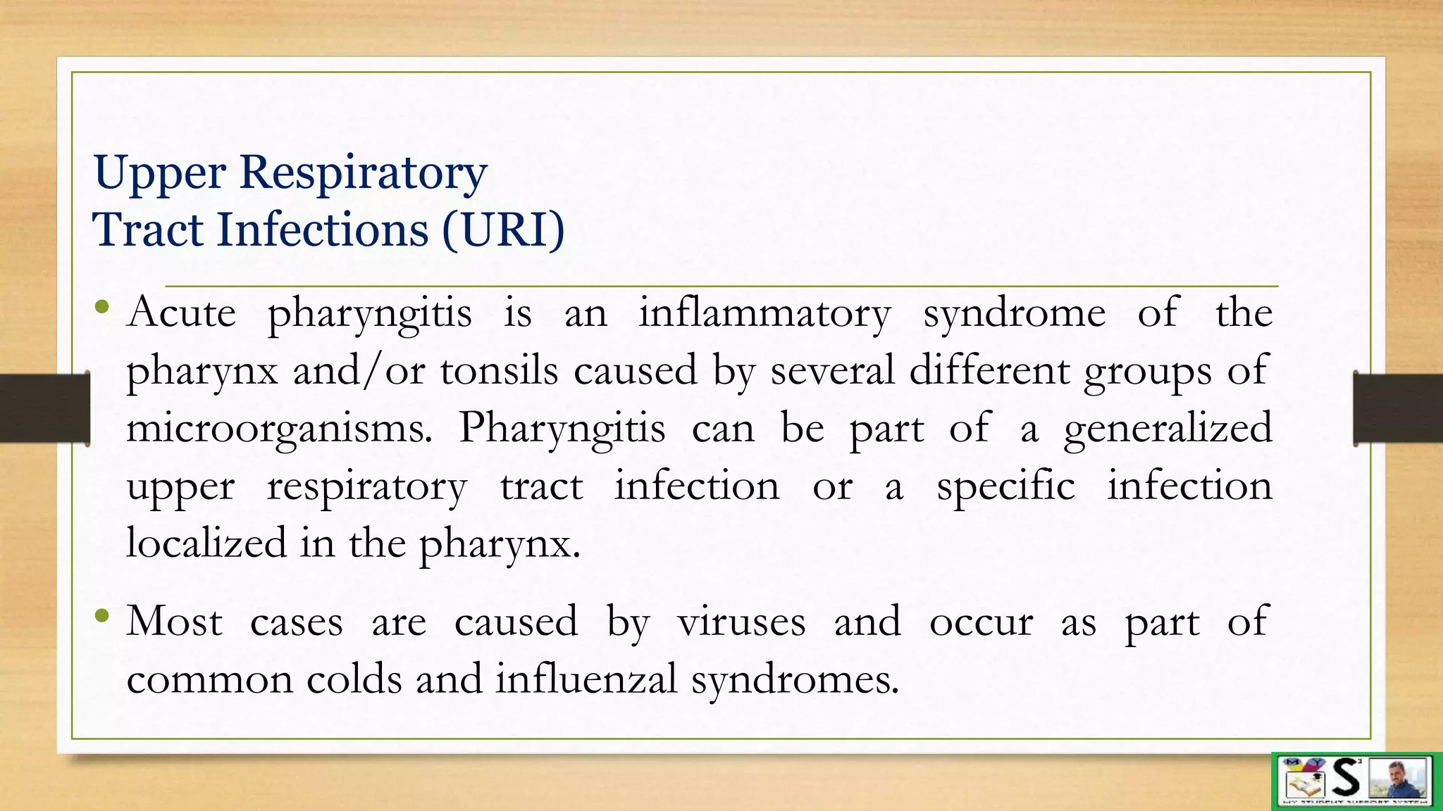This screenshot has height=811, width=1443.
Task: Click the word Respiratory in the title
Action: pos(363,173)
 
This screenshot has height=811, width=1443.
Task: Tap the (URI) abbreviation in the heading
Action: pos(503,230)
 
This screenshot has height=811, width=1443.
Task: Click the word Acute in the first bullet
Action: pos(181,313)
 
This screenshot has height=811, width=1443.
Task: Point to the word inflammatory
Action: pos(764,314)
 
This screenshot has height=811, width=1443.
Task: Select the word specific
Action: pos(1005,486)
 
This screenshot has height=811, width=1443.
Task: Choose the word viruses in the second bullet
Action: pos(741,622)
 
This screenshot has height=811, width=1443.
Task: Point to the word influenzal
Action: pos(586,680)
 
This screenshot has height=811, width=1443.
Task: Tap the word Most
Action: pos(174,622)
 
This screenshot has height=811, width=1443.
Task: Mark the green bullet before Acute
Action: pos(103,307)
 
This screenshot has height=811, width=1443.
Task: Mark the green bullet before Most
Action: pos(103,617)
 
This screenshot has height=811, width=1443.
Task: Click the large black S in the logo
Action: pos(1346,777)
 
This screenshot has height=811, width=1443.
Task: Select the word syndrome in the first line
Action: pos(1015,314)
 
